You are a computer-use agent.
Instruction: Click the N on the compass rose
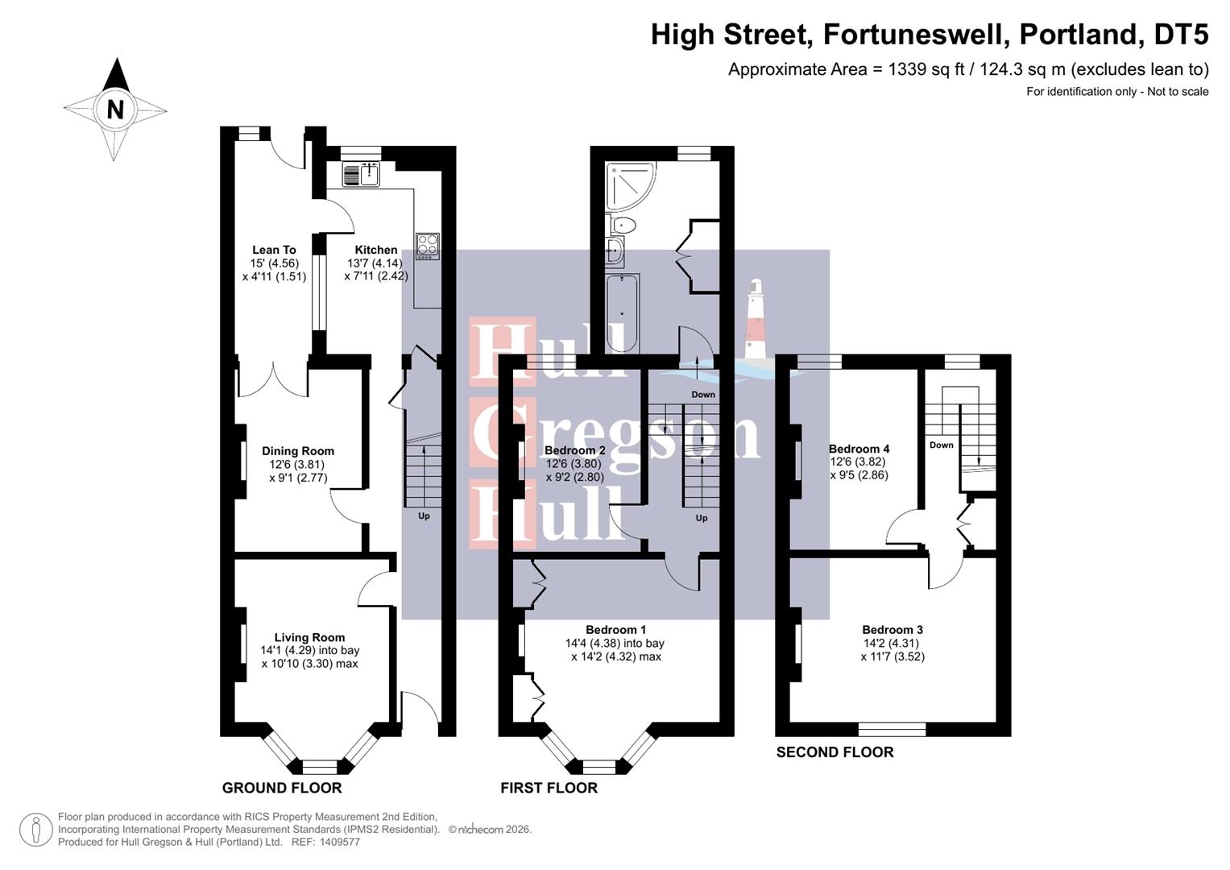[x=115, y=109]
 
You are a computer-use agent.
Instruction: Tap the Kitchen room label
[x=376, y=250]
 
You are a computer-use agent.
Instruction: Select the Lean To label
[x=274, y=250]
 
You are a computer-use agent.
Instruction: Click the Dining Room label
[x=298, y=451]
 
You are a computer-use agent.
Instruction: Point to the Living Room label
[x=309, y=637]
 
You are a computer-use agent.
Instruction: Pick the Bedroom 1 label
[x=615, y=630]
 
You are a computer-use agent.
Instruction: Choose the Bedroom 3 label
[x=892, y=630]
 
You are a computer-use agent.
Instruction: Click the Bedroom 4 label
[x=859, y=449]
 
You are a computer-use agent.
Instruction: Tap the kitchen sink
[x=360, y=174]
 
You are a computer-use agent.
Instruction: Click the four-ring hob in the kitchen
[x=427, y=246]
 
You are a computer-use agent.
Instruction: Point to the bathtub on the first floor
[x=622, y=313]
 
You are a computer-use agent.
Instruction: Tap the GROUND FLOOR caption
[x=282, y=788]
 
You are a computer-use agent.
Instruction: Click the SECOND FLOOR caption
[x=834, y=752]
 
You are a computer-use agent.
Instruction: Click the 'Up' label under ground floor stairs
[x=424, y=516]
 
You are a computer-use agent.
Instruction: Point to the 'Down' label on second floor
[x=941, y=445]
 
